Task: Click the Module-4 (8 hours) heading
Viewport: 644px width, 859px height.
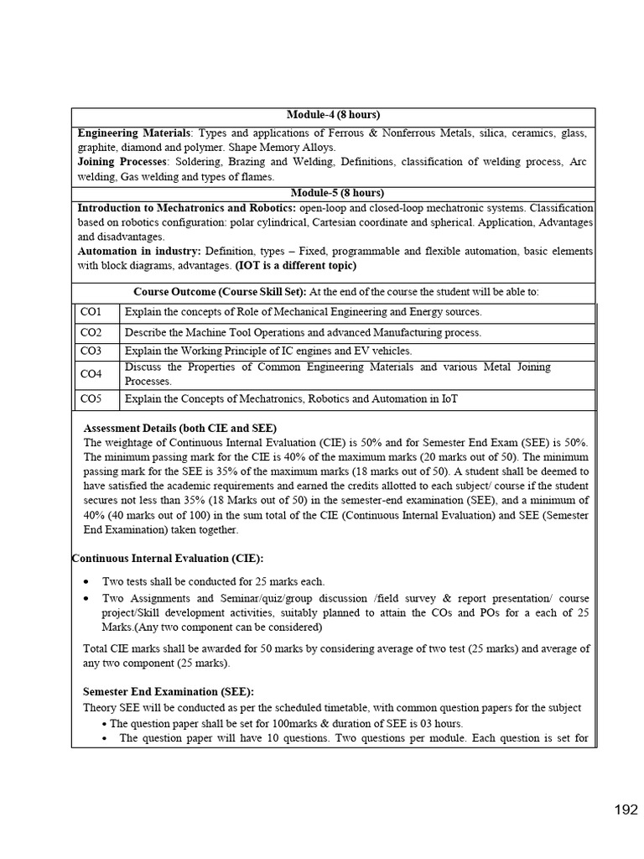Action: click(334, 115)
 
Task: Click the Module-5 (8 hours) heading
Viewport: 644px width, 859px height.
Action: click(334, 193)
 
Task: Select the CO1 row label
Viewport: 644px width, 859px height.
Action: click(91, 312)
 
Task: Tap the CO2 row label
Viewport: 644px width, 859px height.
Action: click(91, 332)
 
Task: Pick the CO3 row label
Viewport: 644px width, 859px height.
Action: click(91, 351)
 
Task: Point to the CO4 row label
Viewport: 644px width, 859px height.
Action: click(91, 374)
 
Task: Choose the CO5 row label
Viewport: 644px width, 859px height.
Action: click(91, 399)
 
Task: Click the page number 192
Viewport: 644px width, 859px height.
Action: click(626, 810)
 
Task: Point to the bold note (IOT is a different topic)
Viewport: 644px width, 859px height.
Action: click(294, 266)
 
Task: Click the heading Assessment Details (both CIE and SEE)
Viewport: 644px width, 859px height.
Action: click(179, 428)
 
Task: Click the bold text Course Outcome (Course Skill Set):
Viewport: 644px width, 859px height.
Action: click(221, 292)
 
